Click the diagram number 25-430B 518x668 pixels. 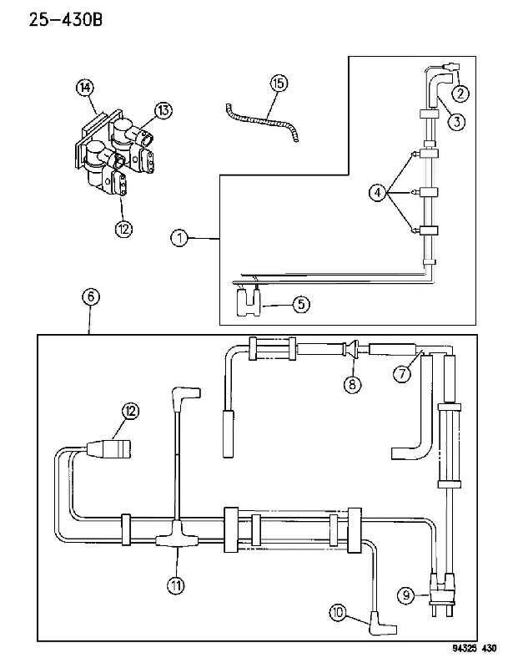pos(66,19)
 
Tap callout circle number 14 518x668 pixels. pos(85,88)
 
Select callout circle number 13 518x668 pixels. pos(163,111)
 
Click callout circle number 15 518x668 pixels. pos(279,83)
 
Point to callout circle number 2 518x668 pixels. pos(460,93)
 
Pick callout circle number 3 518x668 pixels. pos(456,122)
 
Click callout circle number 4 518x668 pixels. pos(378,193)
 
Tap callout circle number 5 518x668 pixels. pos(301,304)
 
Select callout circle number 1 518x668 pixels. pos(179,238)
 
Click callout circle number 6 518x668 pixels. pos(91,296)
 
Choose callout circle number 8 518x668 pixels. pos(352,384)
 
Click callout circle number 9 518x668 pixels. pos(405,595)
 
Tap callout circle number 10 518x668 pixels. pos(338,613)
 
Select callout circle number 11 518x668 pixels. pos(175,586)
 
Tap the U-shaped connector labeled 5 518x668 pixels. pos(249,301)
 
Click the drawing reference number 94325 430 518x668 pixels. pos(474,649)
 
